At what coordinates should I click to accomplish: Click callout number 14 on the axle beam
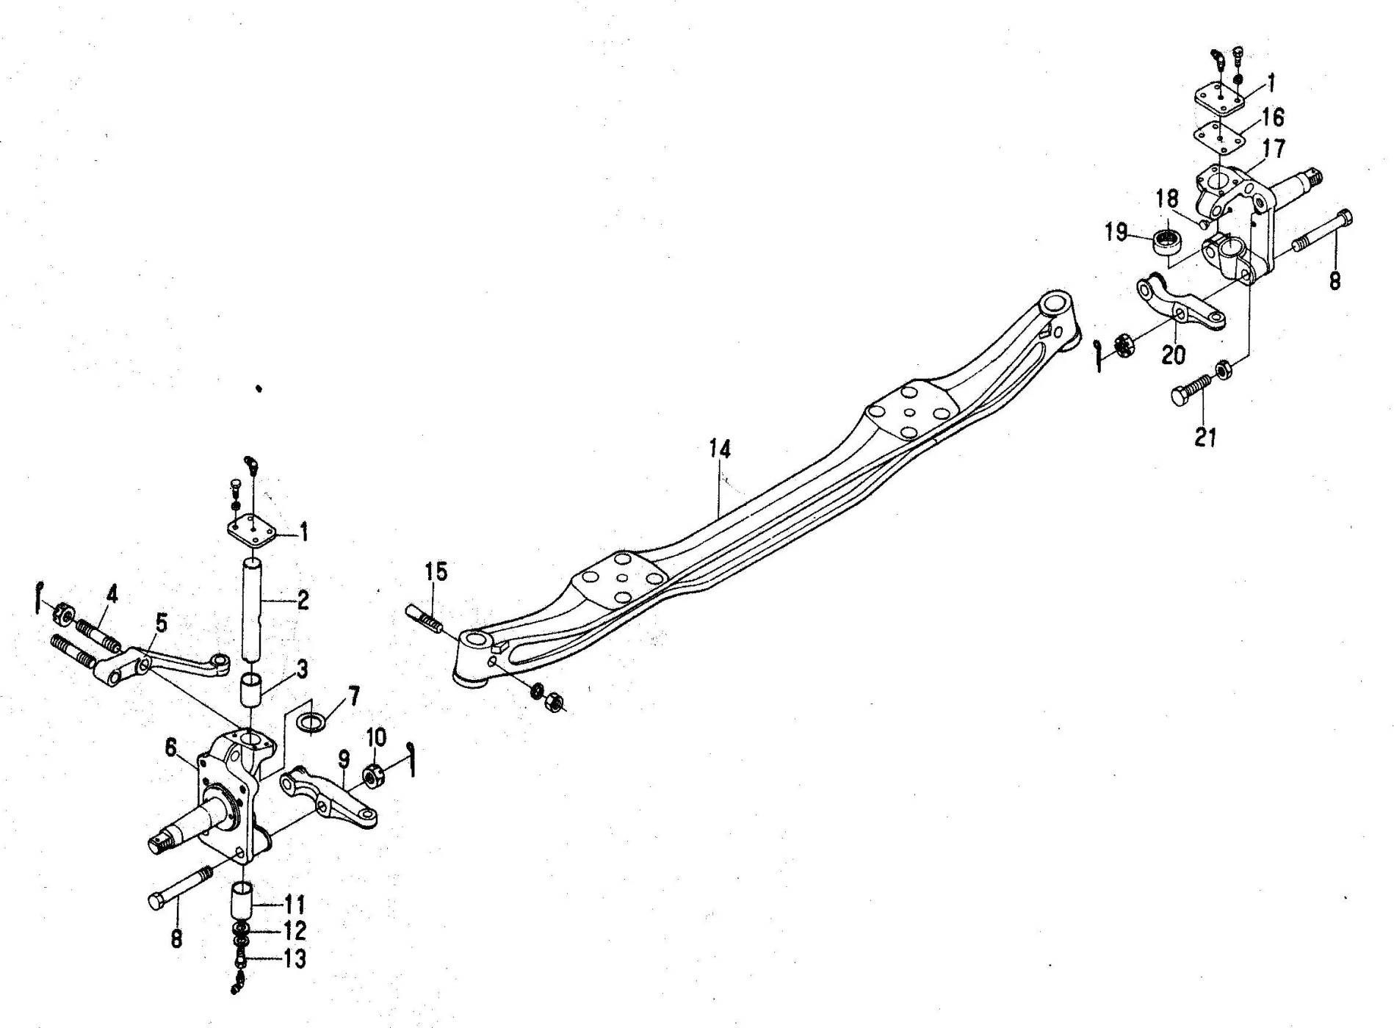point(720,449)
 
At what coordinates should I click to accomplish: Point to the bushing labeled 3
point(252,690)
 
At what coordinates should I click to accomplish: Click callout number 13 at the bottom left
point(295,959)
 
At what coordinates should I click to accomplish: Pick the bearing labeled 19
point(1166,241)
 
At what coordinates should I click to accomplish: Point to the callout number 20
point(1173,355)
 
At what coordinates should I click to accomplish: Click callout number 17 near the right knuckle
point(1274,149)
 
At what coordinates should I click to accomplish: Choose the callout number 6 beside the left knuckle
point(171,748)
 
